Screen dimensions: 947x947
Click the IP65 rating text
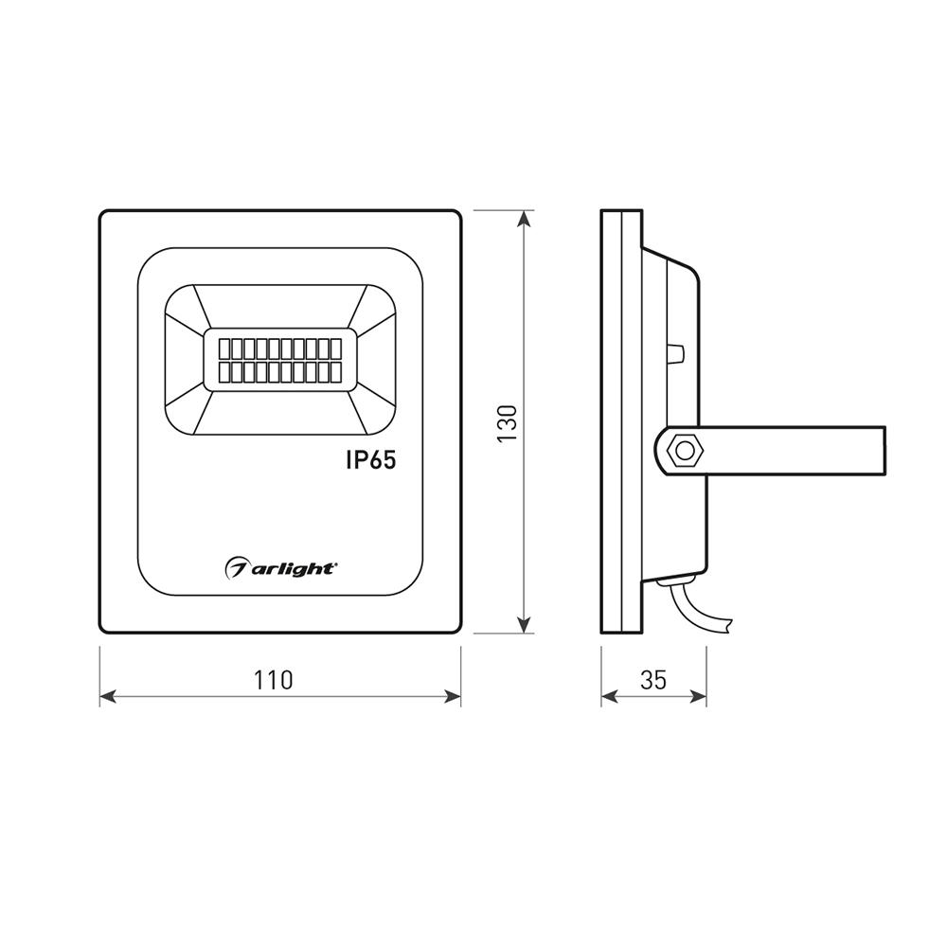click(x=371, y=460)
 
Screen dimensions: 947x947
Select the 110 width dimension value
click(x=273, y=680)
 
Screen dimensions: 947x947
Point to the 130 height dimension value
click(x=508, y=422)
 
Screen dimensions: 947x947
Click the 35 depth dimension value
click(x=652, y=680)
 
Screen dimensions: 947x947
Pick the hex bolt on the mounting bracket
click(x=685, y=451)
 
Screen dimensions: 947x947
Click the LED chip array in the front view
click(x=280, y=360)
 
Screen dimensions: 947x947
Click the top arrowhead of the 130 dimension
click(x=525, y=218)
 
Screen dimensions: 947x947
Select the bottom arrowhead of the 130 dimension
click(x=525, y=625)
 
